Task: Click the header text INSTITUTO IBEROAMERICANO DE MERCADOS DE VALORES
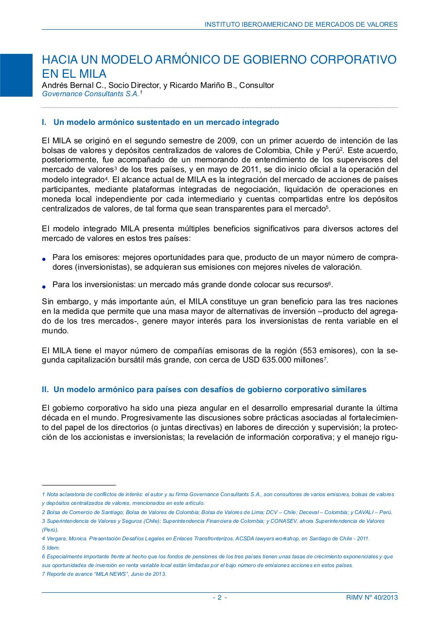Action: tap(301, 24)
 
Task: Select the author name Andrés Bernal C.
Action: tap(72, 86)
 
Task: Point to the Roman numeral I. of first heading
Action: tap(45, 122)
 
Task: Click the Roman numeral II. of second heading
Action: tap(45, 390)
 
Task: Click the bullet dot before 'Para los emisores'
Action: tap(45, 259)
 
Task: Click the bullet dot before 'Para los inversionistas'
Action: tap(45, 286)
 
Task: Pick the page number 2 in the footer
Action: tap(220, 598)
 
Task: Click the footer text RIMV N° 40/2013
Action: tap(368, 598)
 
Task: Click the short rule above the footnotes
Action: tap(79, 485)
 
